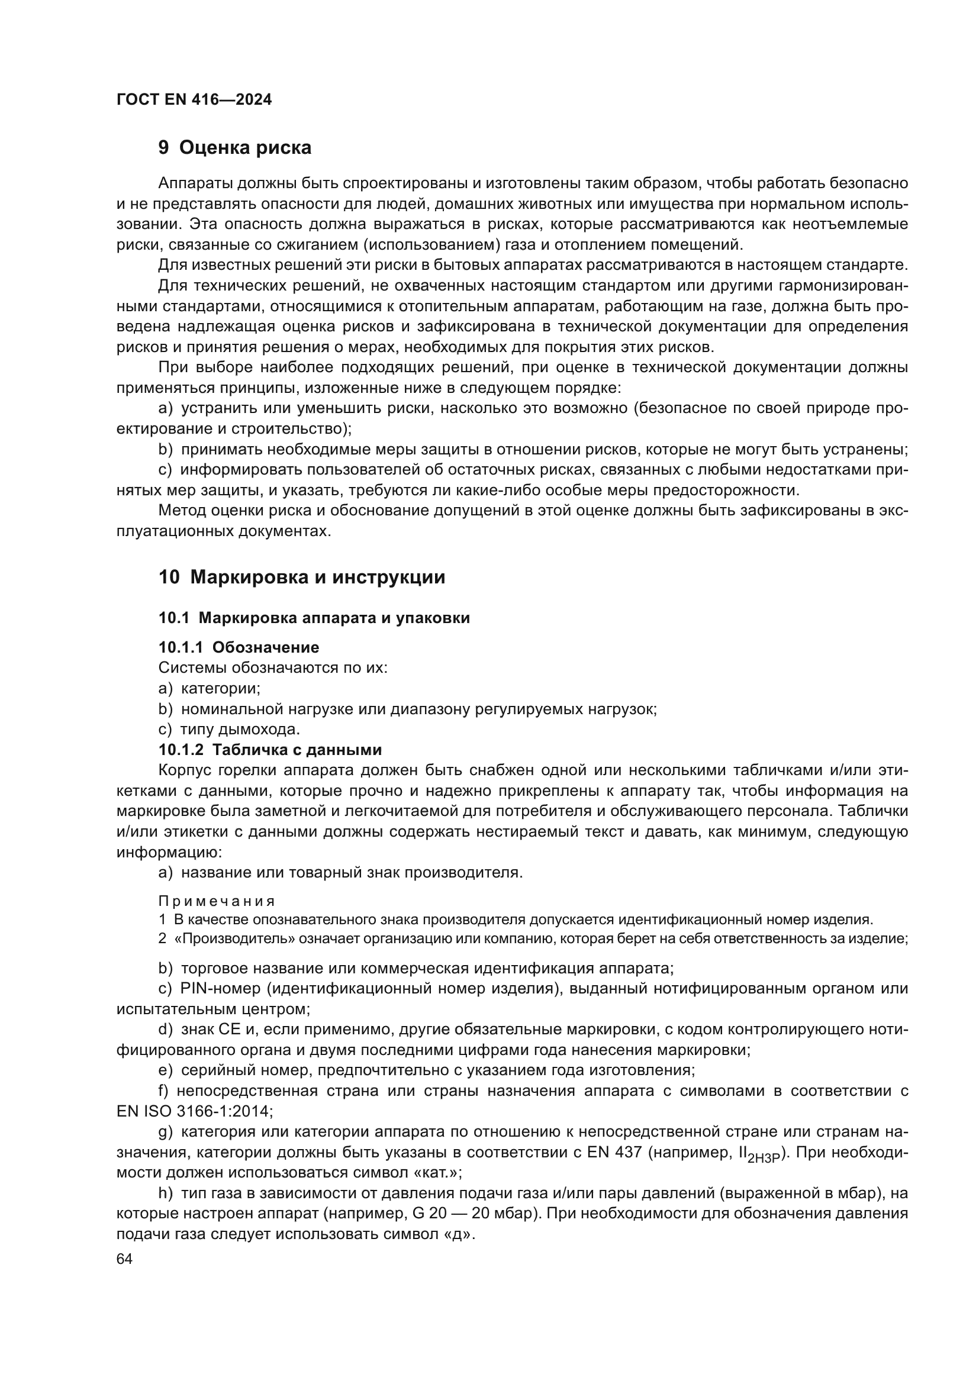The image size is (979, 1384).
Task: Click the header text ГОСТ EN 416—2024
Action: (x=194, y=99)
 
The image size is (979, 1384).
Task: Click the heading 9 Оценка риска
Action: (x=234, y=147)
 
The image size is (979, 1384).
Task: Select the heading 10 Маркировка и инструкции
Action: (x=301, y=577)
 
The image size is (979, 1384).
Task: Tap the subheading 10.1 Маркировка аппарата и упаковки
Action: (x=314, y=618)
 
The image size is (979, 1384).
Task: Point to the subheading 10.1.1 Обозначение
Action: (x=239, y=647)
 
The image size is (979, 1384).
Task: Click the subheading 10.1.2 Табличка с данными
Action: (x=270, y=750)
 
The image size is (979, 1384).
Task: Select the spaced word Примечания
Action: (x=217, y=901)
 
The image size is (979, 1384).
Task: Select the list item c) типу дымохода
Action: (x=229, y=730)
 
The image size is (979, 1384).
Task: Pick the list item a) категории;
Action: (x=209, y=688)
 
